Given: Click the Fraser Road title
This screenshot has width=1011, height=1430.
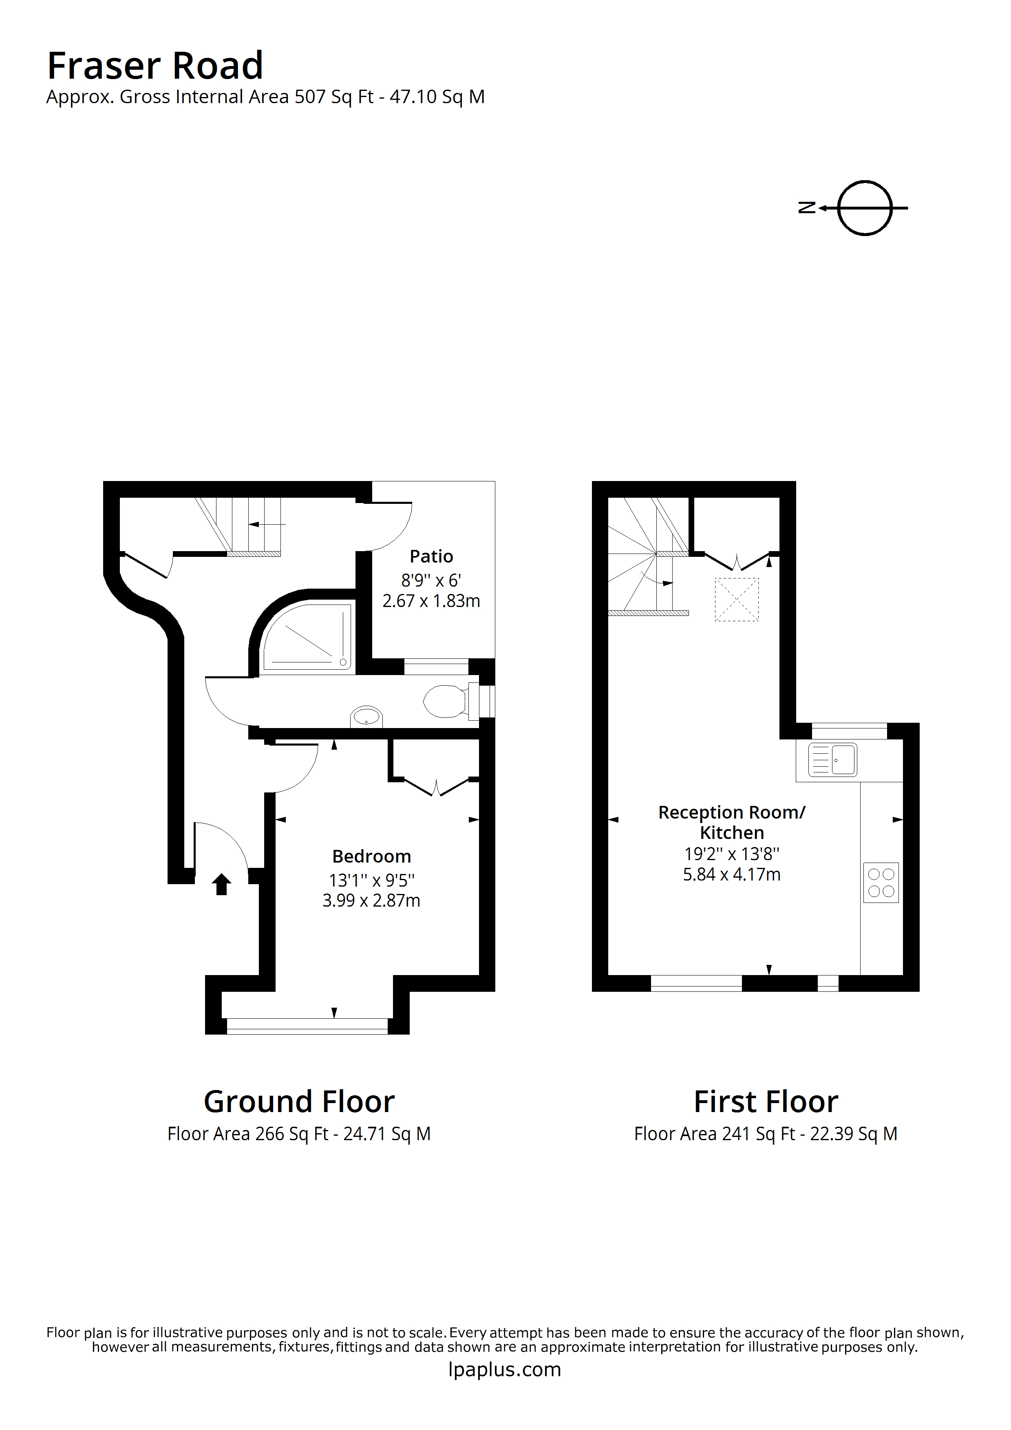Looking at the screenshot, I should point(155,66).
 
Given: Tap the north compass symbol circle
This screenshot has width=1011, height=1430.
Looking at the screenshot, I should point(865,208).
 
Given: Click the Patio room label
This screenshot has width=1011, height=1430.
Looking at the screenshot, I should point(431,556).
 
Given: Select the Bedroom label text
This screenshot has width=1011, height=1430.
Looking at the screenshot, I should point(371,856).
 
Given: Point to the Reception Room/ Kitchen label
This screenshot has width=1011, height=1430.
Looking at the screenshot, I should point(731,822).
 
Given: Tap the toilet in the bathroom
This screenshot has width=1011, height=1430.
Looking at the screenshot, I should point(446,701).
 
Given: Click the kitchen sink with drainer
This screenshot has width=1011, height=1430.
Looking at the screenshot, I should point(832,760).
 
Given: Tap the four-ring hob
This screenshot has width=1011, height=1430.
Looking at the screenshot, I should point(881,883).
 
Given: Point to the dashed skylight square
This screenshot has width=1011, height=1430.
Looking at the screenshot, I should point(736,600).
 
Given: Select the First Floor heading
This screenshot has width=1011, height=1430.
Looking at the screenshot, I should point(766,1102).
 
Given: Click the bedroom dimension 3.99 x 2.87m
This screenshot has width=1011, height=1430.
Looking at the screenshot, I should point(371,900).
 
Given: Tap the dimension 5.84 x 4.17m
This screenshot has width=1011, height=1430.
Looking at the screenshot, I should point(731,874).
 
